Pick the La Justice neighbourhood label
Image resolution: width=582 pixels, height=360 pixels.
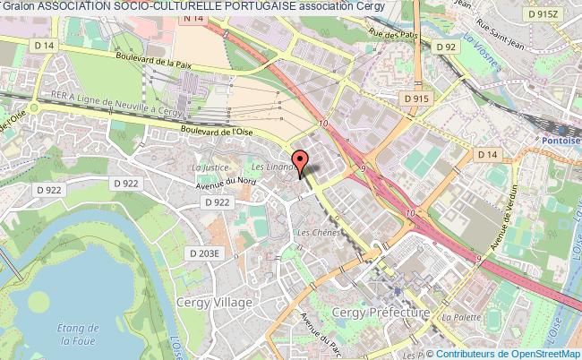pyautogui.click(x=210, y=167)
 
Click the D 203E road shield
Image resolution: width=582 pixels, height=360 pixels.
pyautogui.click(x=203, y=253)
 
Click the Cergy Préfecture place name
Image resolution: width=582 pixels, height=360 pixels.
pyautogui.click(x=381, y=312)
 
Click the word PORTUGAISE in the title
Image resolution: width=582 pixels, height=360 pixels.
pyautogui.click(x=245, y=7)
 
